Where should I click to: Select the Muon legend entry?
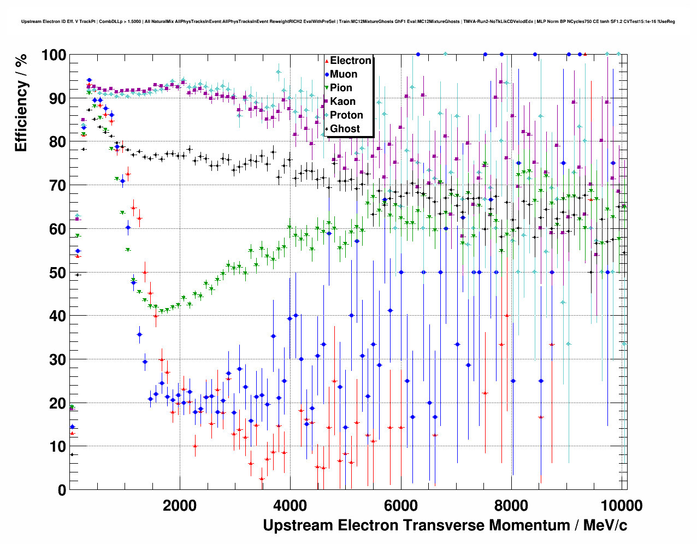pyautogui.click(x=344, y=74)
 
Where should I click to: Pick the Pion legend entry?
pyautogui.click(x=341, y=88)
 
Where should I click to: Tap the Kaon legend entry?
pyautogui.click(x=342, y=102)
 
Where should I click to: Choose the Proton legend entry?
pyautogui.click(x=346, y=115)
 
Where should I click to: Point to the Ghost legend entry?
pyautogui.click(x=345, y=129)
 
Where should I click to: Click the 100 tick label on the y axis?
pyautogui.click(x=54, y=55)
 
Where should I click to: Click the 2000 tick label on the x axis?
pyautogui.click(x=180, y=505)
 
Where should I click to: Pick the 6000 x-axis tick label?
pyautogui.click(x=400, y=505)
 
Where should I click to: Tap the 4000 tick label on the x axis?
pyautogui.click(x=290, y=505)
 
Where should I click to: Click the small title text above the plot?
pyautogui.click(x=348, y=22)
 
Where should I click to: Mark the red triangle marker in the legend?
pyautogui.click(x=327, y=61)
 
